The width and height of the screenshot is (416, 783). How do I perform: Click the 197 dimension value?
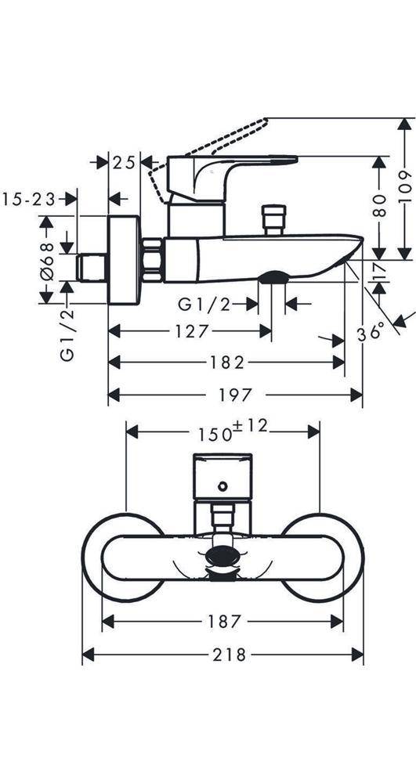click(x=235, y=395)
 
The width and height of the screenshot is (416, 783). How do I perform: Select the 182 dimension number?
click(x=226, y=363)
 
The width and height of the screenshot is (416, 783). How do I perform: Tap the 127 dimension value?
click(x=190, y=331)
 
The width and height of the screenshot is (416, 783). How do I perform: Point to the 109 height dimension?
click(x=407, y=187)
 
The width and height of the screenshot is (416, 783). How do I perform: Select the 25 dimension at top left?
click(x=124, y=163)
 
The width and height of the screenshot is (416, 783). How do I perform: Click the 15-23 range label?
click(x=28, y=199)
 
